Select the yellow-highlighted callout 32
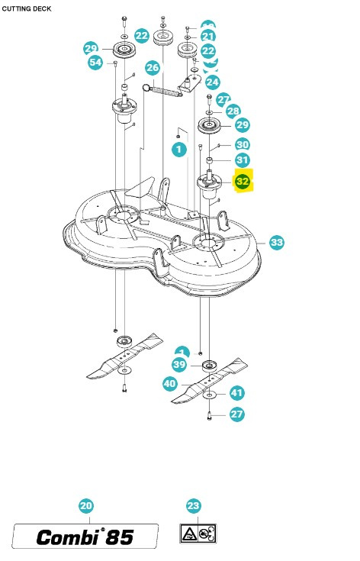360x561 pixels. [243, 182]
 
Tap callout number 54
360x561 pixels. [95, 63]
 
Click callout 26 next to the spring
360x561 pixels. [153, 67]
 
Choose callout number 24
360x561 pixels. [212, 82]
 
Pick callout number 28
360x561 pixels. [233, 111]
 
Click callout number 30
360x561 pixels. [242, 144]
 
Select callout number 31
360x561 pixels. [242, 160]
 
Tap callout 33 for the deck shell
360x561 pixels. [276, 242]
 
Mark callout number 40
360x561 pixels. [171, 385]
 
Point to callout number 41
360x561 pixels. [237, 393]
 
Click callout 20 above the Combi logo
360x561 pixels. [86, 505]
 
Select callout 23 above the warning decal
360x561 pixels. [193, 505]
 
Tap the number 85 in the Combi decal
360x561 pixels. [117, 537]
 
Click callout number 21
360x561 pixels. [208, 37]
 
